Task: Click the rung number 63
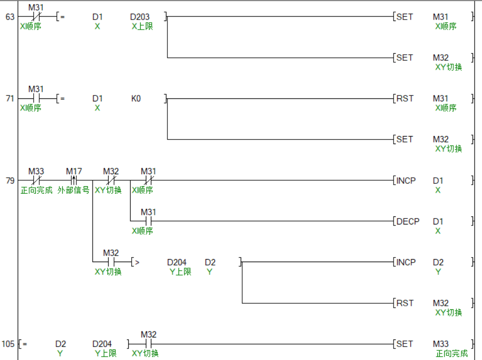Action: (10, 17)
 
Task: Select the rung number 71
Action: (10, 98)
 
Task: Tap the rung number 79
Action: (10, 180)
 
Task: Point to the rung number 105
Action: (9, 344)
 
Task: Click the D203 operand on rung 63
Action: (140, 17)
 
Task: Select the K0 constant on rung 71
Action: (136, 98)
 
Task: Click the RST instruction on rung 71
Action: (405, 98)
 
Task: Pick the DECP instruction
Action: (408, 221)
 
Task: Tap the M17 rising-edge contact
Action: (74, 180)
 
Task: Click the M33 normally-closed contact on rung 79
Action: (36, 180)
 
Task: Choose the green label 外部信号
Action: (73, 190)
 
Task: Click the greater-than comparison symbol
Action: (136, 262)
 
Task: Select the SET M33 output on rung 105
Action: (405, 344)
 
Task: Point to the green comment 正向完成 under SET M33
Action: (451, 354)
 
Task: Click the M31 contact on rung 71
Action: (36, 98)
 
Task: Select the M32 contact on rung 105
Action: (148, 344)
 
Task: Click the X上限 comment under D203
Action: (142, 27)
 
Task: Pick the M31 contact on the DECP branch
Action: (148, 221)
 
